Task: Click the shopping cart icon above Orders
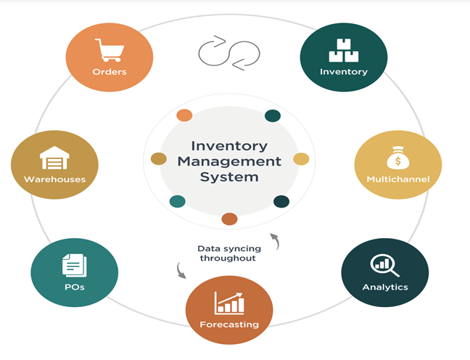(x=110, y=50)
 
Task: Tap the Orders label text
(x=110, y=72)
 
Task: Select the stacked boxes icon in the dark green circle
(x=344, y=50)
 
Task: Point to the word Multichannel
(x=398, y=179)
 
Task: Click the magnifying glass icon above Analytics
(x=384, y=266)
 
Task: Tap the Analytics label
(x=385, y=287)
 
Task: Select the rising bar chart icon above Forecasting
(x=229, y=302)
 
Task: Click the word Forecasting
(x=229, y=324)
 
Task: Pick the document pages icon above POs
(x=74, y=265)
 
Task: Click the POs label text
(x=74, y=287)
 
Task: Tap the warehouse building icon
(x=54, y=157)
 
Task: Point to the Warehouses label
(x=54, y=179)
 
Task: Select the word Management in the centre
(x=229, y=161)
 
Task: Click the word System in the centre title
(x=229, y=176)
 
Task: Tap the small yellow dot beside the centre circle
(x=301, y=159)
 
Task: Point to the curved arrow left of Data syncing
(x=181, y=271)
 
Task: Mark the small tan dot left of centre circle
(x=158, y=159)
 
